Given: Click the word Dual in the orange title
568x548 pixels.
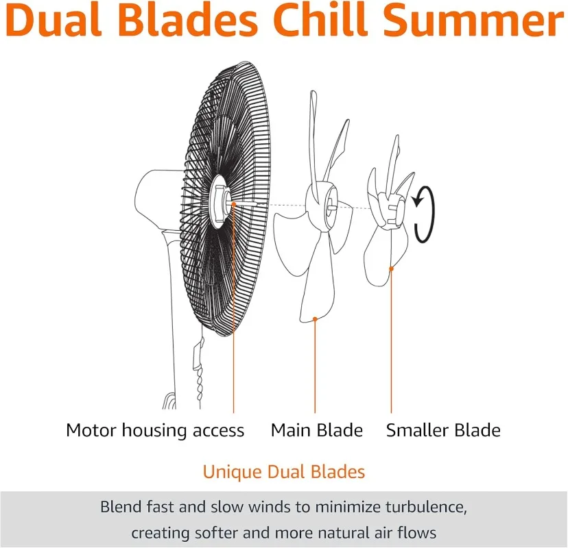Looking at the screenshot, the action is pos(54,20).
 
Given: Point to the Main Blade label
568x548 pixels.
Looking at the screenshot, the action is pos(317,430).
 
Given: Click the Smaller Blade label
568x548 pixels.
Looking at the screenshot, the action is pos(443,430).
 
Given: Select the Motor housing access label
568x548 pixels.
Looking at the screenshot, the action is pos(155,430).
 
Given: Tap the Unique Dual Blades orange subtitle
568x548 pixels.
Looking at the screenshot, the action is pos(283,472).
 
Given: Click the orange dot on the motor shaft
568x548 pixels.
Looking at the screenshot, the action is pos(234,204).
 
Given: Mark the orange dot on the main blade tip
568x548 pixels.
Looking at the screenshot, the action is pos(315,319).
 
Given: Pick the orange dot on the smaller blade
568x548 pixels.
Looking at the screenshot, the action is pos(391,269).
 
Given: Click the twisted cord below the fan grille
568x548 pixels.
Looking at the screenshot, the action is pos(199,384).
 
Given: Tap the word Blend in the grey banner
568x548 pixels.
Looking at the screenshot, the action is pos(121,507).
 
